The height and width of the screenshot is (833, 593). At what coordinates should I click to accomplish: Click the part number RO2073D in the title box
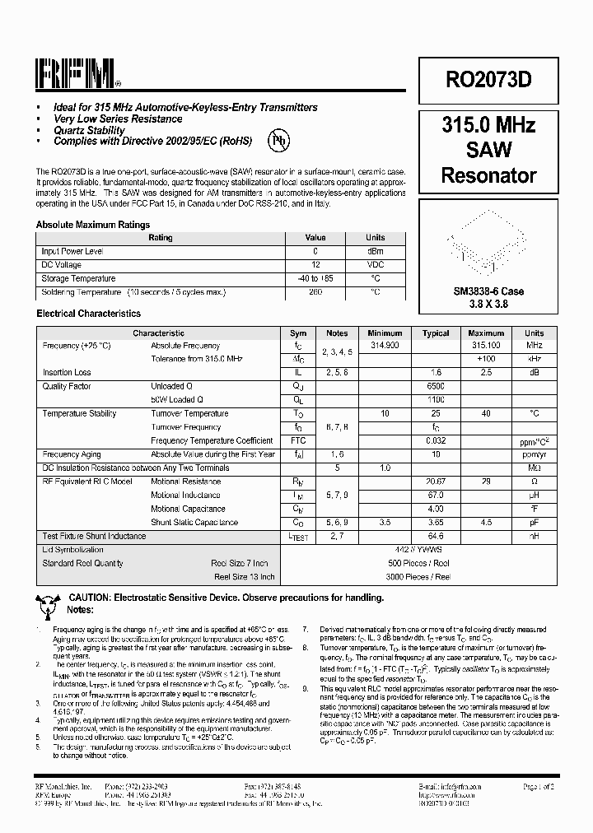[x=488, y=79]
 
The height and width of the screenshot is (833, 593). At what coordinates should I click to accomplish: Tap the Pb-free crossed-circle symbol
[x=281, y=141]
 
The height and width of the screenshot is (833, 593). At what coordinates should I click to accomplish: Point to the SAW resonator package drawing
[x=488, y=241]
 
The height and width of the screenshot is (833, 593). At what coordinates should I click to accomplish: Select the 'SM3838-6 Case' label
[x=488, y=291]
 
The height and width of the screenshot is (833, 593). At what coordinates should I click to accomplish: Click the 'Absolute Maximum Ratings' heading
[x=93, y=224]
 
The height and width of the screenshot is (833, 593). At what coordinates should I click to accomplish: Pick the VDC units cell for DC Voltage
[x=375, y=264]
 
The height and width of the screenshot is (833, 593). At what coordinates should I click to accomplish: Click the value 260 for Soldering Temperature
[x=315, y=291]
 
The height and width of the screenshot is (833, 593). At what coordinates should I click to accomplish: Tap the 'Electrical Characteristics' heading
[x=88, y=314]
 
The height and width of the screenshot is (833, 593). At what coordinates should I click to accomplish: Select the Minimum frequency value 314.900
[x=385, y=346]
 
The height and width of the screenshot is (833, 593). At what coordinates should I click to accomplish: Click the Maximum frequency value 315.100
[x=485, y=346]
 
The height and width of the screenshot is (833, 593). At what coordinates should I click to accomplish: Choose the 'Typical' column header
[x=436, y=333]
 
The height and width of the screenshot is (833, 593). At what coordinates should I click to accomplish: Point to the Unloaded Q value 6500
[x=436, y=386]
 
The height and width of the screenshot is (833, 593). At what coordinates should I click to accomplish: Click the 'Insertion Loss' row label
[x=67, y=372]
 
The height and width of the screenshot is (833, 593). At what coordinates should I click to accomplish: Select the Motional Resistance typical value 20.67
[x=436, y=482]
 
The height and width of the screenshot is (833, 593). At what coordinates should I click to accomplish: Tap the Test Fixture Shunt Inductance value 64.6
[x=436, y=536]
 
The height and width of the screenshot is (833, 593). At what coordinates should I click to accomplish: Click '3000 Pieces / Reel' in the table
[x=418, y=577]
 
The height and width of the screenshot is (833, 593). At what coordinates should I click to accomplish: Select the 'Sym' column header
[x=298, y=333]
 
